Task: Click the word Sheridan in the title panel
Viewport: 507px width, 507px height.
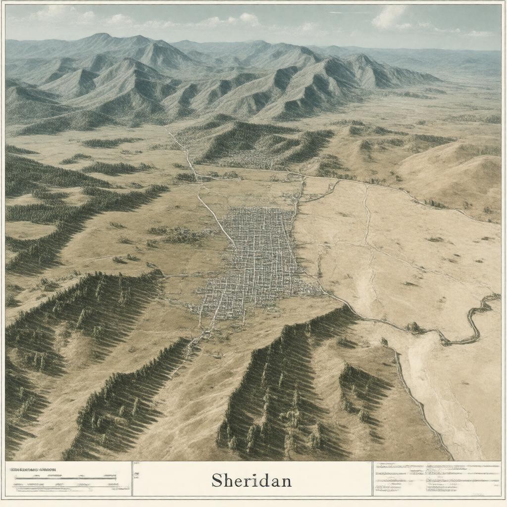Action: tap(251, 480)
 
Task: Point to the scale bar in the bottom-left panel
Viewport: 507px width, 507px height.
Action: tap(64, 479)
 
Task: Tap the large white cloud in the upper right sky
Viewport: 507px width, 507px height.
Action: tap(391, 17)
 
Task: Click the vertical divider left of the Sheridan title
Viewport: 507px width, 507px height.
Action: tap(132, 479)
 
